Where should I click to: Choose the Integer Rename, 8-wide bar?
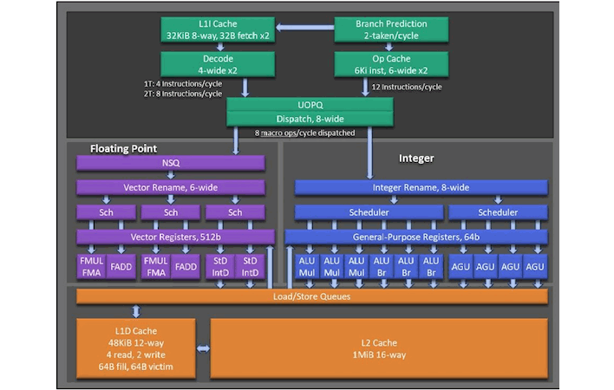(421, 187)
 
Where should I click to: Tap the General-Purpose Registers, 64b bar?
(416, 237)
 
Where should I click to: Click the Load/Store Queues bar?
(312, 296)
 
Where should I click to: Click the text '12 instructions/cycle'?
(406, 87)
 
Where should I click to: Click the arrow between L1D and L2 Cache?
(203, 348)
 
